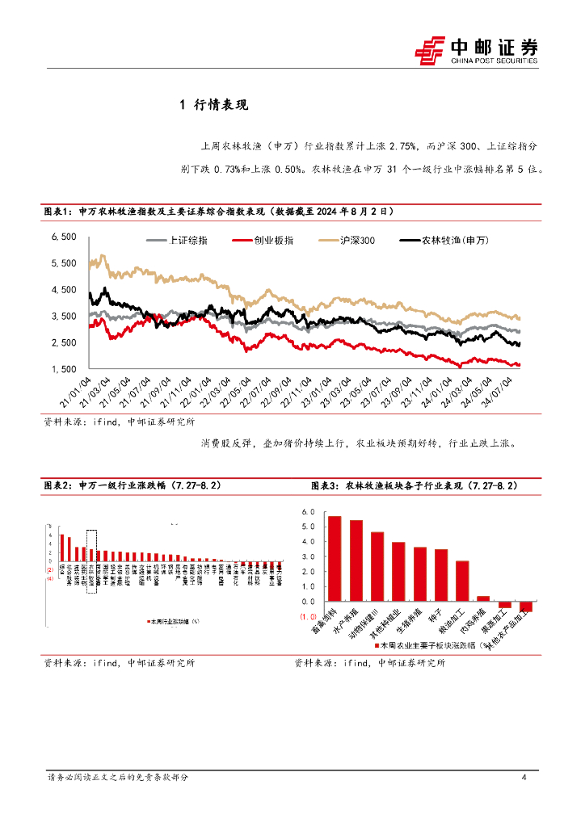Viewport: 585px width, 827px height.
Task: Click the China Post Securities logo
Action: pos(476,49)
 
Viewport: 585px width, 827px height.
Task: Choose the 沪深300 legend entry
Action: pos(347,241)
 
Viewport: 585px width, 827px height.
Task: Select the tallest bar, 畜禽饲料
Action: pos(335,558)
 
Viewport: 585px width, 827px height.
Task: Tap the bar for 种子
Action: pos(441,575)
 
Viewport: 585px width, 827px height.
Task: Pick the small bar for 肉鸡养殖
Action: pos(483,598)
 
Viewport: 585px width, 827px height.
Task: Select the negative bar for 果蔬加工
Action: pos(505,605)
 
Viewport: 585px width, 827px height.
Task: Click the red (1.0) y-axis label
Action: pos(307,617)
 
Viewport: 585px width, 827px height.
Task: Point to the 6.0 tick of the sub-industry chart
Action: pos(307,512)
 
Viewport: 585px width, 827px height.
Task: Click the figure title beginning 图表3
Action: pos(414,486)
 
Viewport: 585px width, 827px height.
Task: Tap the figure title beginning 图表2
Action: pos(130,486)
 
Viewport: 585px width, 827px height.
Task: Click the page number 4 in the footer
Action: pos(524,778)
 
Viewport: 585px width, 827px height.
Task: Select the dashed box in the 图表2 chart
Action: pos(91,561)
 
